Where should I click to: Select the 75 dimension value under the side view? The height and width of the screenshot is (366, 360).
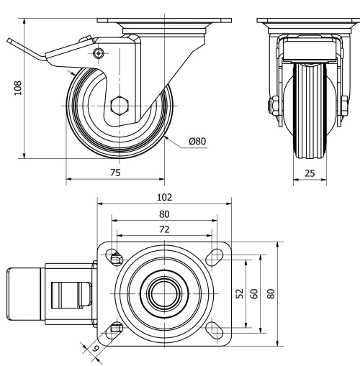pyautogui.click(x=115, y=173)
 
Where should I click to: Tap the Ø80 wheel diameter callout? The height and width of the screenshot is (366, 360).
pyautogui.click(x=197, y=142)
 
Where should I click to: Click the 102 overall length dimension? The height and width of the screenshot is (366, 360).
pyautogui.click(x=164, y=196)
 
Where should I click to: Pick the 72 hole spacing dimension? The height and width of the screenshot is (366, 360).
pyautogui.click(x=164, y=229)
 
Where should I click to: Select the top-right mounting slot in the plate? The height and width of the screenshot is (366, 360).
pyautogui.click(x=214, y=257)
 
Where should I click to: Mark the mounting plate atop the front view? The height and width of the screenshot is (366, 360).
pyautogui.click(x=311, y=22)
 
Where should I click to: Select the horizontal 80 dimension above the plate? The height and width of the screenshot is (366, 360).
pyautogui.click(x=164, y=214)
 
